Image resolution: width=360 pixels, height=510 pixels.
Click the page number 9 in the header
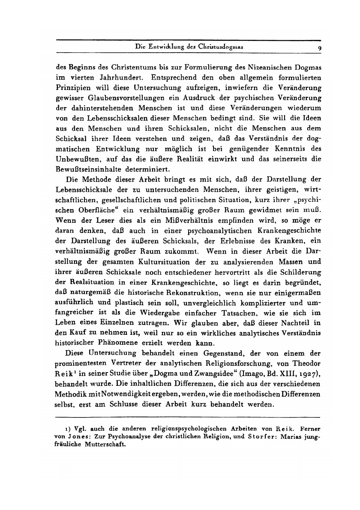(320, 48)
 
